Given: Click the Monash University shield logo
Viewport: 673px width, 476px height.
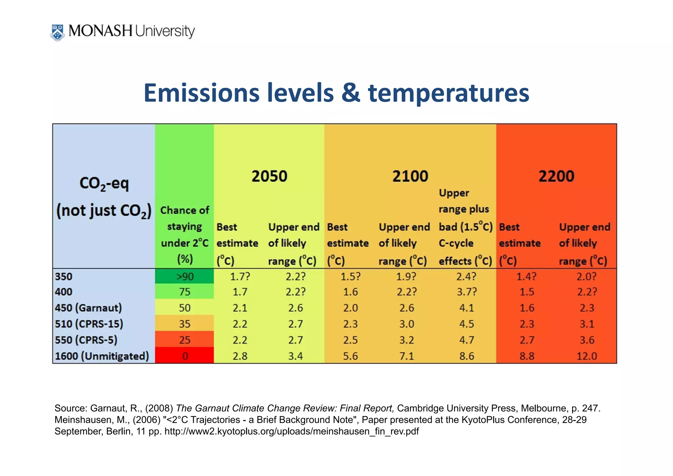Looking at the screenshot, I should (58, 32).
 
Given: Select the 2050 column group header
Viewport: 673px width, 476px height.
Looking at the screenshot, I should (269, 176).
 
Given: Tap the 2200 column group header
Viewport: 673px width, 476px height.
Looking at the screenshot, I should (556, 176).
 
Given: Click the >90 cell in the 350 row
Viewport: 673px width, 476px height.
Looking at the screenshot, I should (185, 276).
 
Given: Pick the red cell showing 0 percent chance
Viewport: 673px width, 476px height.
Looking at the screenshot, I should (185, 356).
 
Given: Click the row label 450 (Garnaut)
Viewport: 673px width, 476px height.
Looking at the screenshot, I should (88, 308).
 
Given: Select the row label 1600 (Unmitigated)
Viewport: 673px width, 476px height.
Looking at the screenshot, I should (102, 356).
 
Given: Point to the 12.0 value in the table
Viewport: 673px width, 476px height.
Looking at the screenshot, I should (587, 356).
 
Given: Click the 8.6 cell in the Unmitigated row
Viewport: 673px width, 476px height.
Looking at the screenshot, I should (466, 356).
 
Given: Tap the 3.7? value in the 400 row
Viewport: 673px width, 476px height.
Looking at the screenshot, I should (466, 292).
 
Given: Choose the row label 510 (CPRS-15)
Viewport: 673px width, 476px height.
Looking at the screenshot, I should (89, 324).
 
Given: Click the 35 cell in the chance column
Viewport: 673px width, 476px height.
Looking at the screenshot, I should (185, 324).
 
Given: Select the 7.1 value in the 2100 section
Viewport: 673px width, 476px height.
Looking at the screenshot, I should (406, 356).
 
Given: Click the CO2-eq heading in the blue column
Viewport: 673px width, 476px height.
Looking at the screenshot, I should (104, 184).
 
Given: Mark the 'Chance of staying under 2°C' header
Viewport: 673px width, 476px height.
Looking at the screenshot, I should (185, 234).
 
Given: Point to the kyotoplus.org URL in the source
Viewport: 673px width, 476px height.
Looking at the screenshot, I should (291, 431).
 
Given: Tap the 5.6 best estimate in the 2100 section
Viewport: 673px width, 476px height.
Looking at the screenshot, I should (350, 356).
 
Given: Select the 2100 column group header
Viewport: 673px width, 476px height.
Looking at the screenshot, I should (410, 176).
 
